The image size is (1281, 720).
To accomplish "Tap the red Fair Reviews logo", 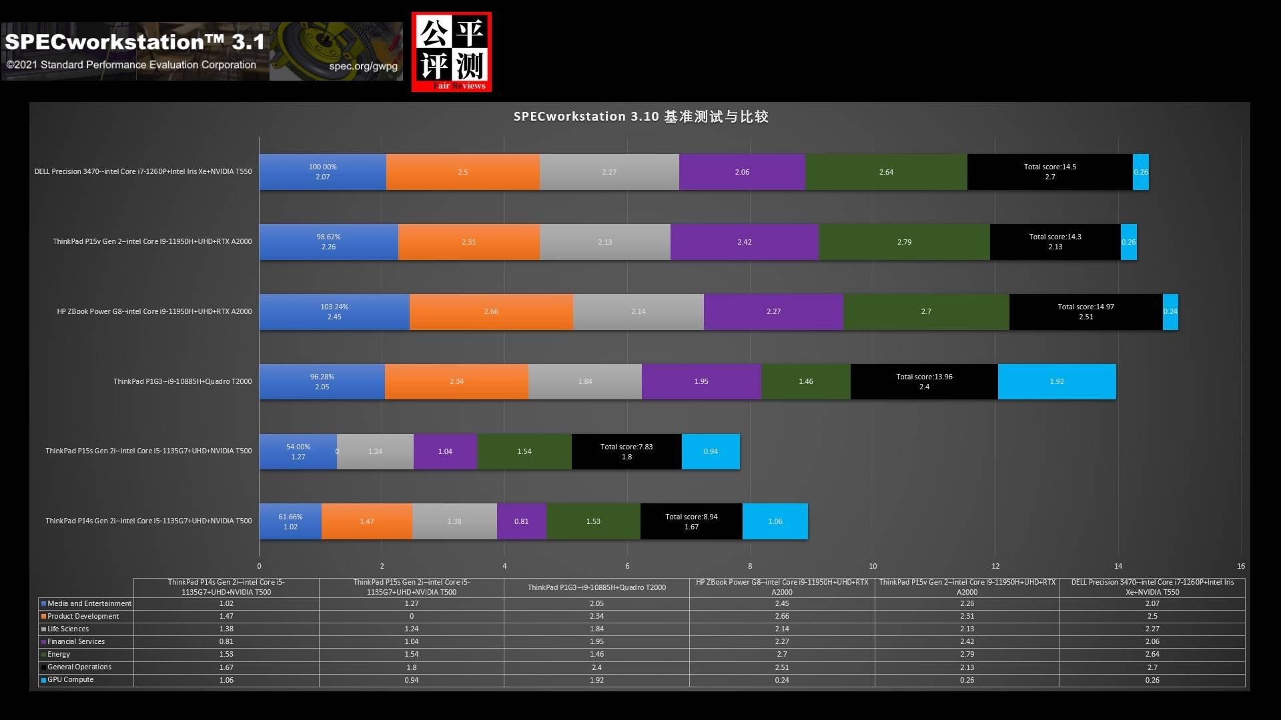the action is coord(452,51).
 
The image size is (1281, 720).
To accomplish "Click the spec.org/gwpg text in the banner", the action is coord(363,66).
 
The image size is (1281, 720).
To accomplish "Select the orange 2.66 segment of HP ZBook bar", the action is coord(491,311).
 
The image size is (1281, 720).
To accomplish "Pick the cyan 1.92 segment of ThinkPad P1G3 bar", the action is coord(1057,381).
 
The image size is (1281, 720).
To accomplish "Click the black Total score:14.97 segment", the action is coord(1086,311).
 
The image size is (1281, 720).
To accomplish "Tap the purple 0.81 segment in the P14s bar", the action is coord(521,521).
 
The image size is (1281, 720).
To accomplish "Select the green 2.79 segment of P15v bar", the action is coord(904,242).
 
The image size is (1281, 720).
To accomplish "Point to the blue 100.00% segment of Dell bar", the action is coord(323,172).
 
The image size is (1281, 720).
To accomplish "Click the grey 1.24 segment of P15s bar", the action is coord(375,451).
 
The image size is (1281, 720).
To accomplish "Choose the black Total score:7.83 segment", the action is coord(626,451).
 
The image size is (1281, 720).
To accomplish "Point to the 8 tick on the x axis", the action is coord(750,566).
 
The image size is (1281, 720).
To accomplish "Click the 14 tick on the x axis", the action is coord(1118,566).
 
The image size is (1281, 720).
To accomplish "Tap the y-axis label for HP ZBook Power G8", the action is coord(154,311).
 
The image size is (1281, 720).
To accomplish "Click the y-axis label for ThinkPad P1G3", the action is coord(183,381).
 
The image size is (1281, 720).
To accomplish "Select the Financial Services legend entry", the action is coord(73,641).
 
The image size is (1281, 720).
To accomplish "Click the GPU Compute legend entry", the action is coord(67,679).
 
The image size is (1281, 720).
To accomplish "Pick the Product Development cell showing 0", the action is coord(412,616).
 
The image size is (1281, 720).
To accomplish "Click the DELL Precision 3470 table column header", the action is coord(1152,587).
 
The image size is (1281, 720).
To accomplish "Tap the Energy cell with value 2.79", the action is coord(967,654).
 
